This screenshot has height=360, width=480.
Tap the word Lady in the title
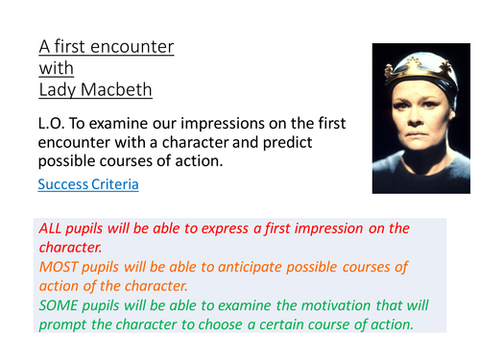coord(60,90)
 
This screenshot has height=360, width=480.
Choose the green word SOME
coord(60,304)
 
